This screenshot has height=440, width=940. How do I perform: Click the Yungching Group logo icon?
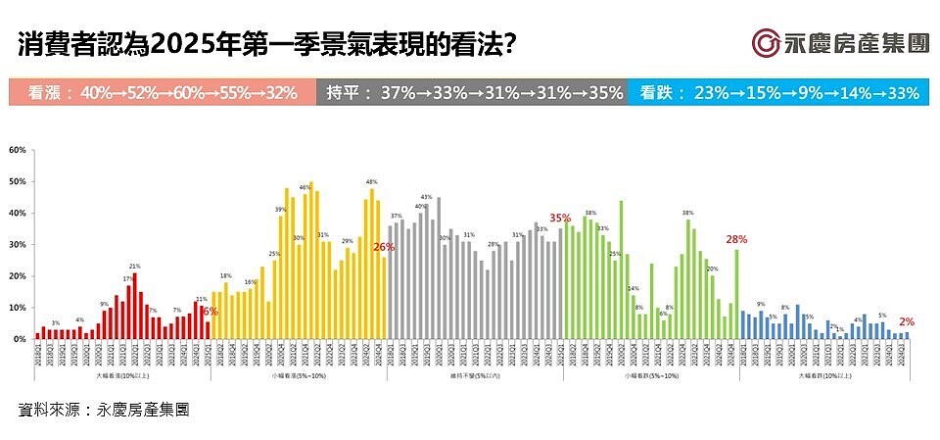[x=766, y=45]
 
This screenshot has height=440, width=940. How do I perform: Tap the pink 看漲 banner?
[x=162, y=93]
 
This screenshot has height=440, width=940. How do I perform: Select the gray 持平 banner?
[x=471, y=93]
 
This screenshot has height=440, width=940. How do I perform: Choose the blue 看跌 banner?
[x=778, y=93]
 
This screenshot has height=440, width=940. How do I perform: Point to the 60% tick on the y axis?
[x=16, y=151]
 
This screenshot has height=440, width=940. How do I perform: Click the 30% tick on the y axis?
[x=16, y=245]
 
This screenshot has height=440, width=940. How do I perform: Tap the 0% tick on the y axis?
[x=18, y=339]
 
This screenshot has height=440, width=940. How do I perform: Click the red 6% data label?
[x=210, y=311]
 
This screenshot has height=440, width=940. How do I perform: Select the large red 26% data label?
[x=383, y=248]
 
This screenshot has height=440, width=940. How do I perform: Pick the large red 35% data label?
[x=560, y=218]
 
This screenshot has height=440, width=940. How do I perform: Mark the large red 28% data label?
[x=736, y=239]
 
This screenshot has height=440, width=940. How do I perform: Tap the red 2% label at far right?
[x=907, y=321]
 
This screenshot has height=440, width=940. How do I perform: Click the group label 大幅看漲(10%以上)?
[x=122, y=375]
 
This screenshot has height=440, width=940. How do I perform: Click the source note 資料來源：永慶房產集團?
[x=104, y=409]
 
